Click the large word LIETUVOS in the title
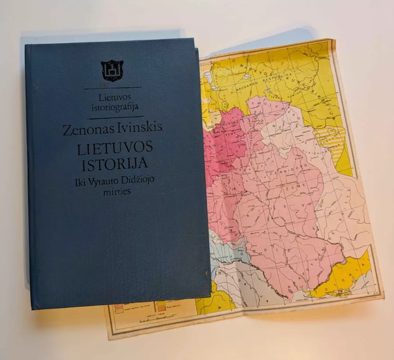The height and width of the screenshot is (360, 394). (115, 148)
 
